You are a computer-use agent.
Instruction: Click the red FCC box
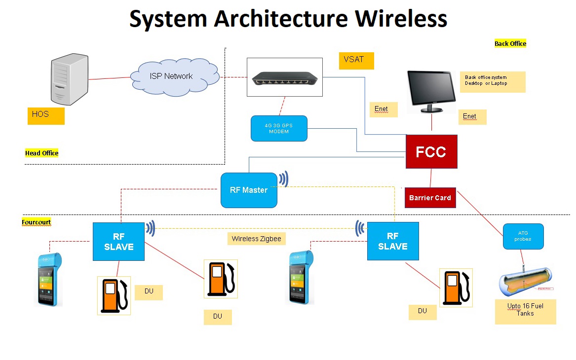pos(431,151)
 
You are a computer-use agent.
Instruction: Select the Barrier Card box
pos(429,198)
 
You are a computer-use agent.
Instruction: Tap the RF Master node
pos(249,190)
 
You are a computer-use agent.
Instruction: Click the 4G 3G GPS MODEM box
pos(279,128)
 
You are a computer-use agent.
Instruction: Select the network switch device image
pos(284,77)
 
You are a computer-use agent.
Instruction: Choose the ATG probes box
pos(523,236)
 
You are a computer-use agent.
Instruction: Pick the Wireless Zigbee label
pos(256,239)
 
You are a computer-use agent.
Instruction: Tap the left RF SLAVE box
pos(118,241)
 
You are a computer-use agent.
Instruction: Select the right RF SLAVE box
pos(393,241)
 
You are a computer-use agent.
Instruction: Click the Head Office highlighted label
pos(42,153)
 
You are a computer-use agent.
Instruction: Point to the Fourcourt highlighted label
pos(37,222)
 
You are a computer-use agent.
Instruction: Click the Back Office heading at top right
pos(510,44)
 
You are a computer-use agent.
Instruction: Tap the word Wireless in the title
pos(401,19)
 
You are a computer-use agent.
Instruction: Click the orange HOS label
pos(46,115)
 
